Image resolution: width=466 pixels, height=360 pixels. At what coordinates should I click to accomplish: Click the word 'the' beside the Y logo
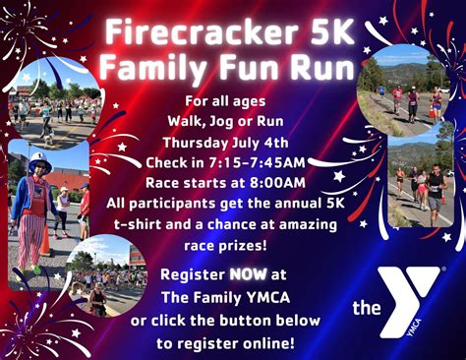coord(367,309)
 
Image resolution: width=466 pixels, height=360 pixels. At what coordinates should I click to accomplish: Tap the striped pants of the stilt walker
coord(34,242)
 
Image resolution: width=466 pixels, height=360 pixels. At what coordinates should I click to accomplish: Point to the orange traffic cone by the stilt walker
coord(45,241)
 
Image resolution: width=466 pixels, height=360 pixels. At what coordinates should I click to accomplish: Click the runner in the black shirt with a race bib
coord(435,187)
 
